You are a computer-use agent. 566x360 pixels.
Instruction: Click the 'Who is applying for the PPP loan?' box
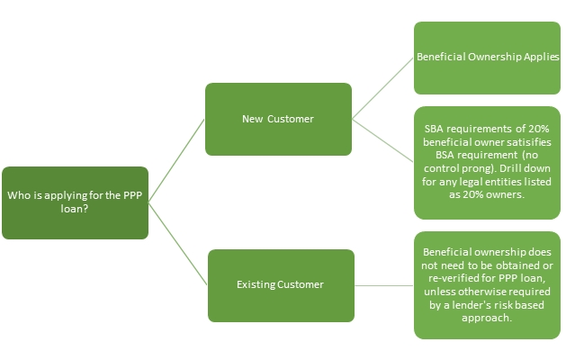[x=75, y=202]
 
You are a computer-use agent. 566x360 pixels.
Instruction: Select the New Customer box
[x=277, y=119]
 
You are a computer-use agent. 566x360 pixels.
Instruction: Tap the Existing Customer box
[x=280, y=284]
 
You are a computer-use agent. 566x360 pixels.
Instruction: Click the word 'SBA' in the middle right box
[x=435, y=130]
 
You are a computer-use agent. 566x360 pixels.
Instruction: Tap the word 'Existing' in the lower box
[x=257, y=284]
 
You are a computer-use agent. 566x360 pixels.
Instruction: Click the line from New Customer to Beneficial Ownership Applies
[x=382, y=89]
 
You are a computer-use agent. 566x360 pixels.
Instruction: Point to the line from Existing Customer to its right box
[x=383, y=286]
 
